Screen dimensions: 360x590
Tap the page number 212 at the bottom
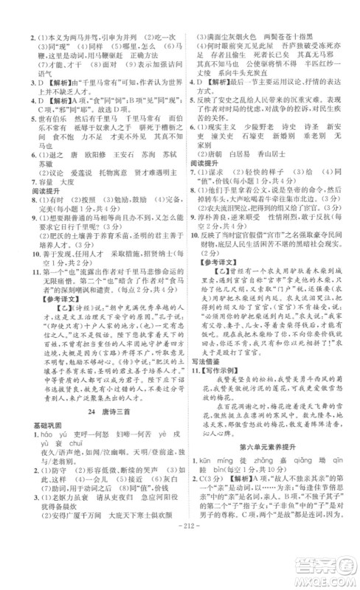coord(179,575)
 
